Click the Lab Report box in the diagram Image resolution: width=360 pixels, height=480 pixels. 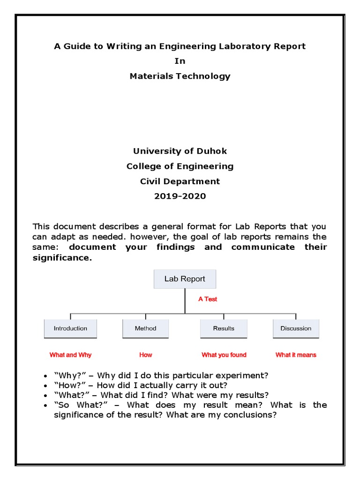[x=185, y=279]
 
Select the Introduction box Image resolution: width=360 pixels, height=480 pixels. [x=70, y=329]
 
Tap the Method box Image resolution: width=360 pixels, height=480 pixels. [x=145, y=329]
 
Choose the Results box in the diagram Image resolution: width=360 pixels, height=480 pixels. [x=224, y=329]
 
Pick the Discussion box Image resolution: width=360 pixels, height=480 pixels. [x=296, y=329]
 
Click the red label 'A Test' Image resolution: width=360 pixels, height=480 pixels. [x=208, y=299]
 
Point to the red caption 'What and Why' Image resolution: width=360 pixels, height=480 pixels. [x=70, y=355]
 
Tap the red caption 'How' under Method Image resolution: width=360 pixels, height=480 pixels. [x=146, y=355]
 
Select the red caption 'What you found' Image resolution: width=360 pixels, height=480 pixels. [x=224, y=355]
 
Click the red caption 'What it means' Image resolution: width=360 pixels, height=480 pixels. [x=296, y=355]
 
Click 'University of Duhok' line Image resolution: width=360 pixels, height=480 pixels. [x=180, y=151]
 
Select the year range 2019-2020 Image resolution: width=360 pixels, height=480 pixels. [x=180, y=196]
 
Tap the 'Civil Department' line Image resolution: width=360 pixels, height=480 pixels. [x=180, y=181]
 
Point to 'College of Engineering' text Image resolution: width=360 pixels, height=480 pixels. [x=180, y=166]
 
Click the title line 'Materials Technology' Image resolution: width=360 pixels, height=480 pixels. [x=180, y=76]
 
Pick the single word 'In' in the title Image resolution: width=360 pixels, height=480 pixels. [x=180, y=61]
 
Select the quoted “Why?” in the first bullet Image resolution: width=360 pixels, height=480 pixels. [x=67, y=375]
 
